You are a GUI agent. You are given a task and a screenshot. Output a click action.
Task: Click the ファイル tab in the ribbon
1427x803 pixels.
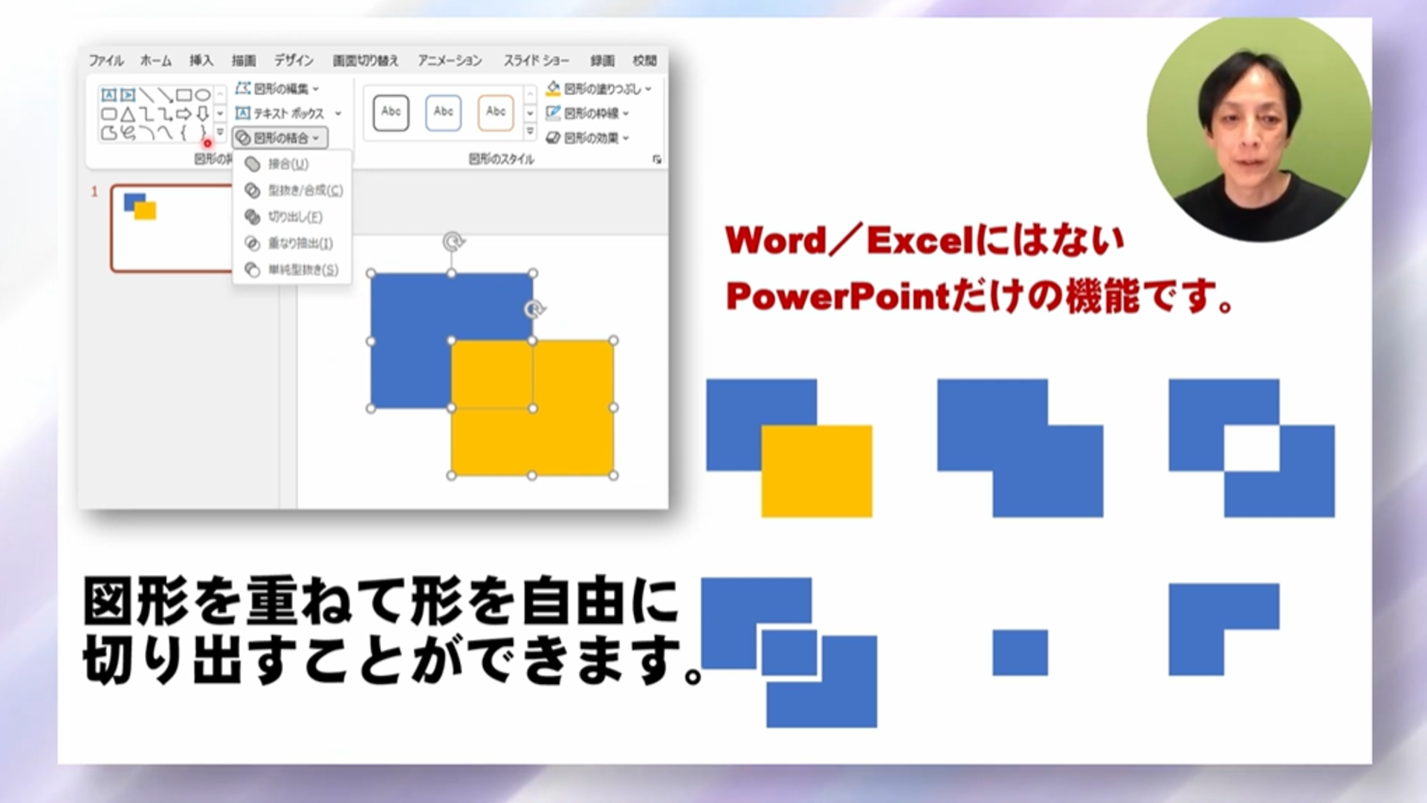[106, 60]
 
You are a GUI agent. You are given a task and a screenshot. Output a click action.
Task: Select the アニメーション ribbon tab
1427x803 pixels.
[450, 60]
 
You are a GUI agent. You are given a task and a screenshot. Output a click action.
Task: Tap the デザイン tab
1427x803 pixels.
[294, 60]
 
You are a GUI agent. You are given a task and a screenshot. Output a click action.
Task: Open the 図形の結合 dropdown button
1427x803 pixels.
[280, 138]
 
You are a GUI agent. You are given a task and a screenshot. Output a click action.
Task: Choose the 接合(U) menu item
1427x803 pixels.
[288, 164]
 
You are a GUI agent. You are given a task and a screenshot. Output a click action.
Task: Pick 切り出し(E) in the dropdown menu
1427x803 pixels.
[294, 217]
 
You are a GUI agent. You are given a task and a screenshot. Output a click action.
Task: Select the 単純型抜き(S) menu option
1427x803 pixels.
[302, 270]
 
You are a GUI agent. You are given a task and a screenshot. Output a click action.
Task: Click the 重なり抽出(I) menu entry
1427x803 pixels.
[300, 244]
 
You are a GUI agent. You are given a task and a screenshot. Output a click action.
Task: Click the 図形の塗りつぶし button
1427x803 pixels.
[599, 89]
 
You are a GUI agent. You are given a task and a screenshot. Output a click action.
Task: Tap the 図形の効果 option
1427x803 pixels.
[589, 138]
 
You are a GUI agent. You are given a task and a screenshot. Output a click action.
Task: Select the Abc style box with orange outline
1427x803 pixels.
[496, 112]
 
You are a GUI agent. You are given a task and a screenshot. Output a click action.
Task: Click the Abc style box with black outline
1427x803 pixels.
[391, 112]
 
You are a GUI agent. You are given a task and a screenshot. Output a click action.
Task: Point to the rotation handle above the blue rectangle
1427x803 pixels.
[453, 242]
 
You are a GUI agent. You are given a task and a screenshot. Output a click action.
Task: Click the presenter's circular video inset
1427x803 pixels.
[1259, 129]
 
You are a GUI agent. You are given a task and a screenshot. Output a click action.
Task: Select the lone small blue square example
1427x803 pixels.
[1020, 653]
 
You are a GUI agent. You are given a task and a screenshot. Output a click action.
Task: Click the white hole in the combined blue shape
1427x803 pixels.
[1252, 448]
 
